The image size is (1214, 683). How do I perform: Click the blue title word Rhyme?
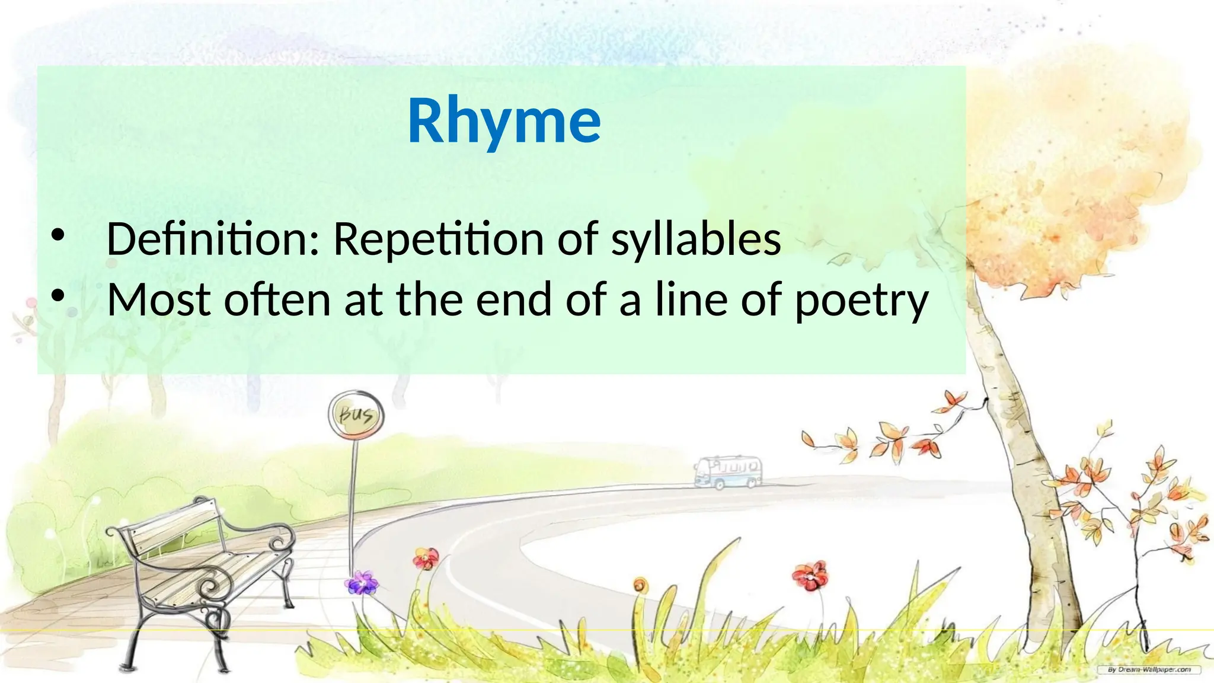[x=504, y=122]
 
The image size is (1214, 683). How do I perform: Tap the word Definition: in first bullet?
[x=213, y=239]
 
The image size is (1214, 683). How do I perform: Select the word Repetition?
[x=438, y=239]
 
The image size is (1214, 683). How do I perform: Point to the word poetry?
[x=861, y=301]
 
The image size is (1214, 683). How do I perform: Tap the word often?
[x=277, y=300]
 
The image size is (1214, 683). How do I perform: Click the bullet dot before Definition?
[x=57, y=235]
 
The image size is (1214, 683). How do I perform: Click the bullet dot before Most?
[x=57, y=296]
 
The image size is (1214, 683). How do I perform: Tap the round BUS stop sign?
[x=356, y=414]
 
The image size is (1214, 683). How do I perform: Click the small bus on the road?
[x=729, y=472]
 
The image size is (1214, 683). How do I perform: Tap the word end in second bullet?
[x=513, y=300]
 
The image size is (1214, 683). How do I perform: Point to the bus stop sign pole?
[x=353, y=504]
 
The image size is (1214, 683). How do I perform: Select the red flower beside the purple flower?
[x=426, y=558]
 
